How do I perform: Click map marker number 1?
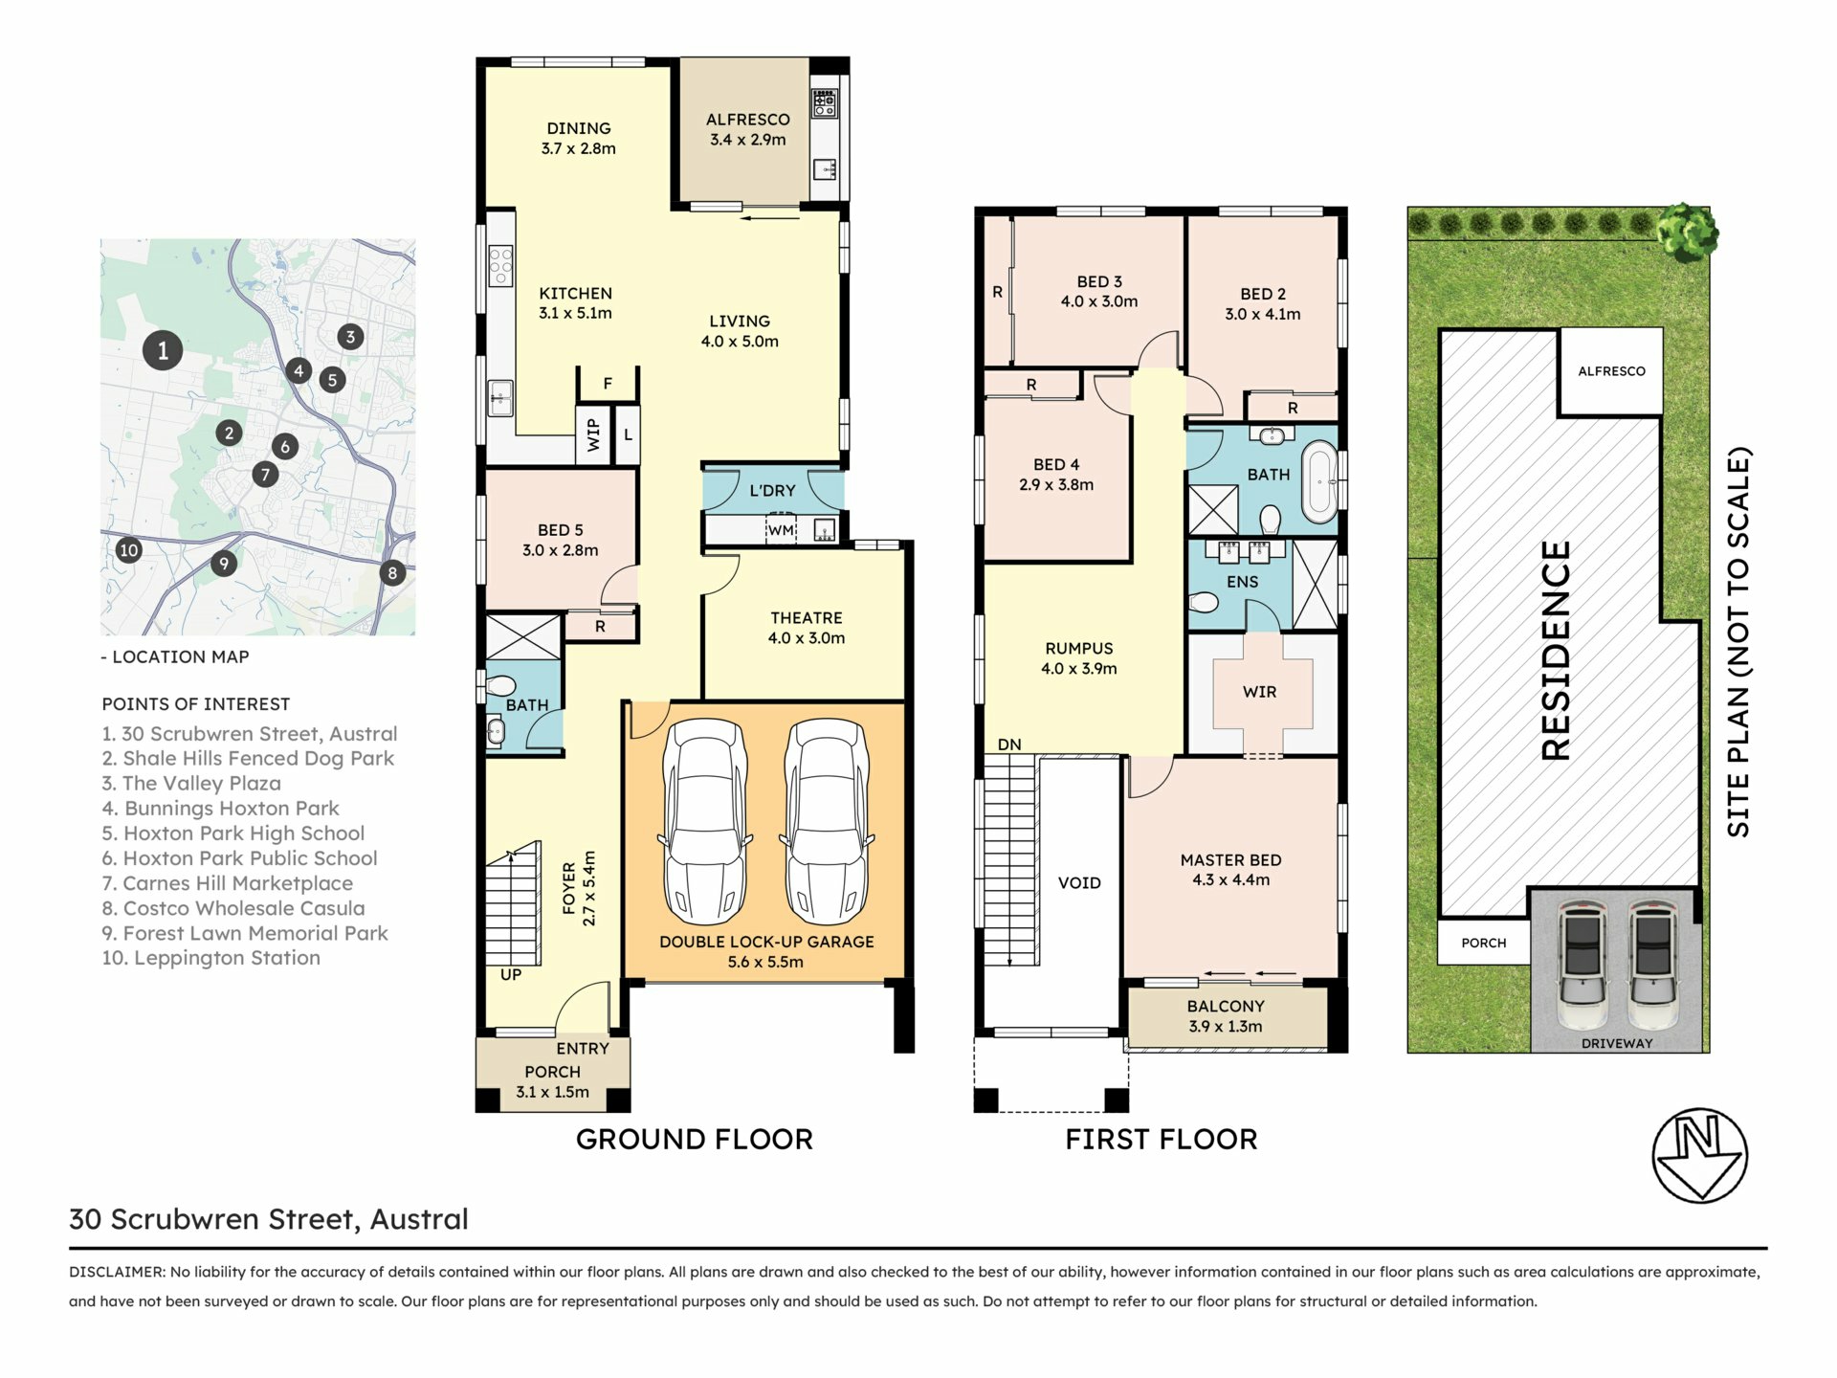pyautogui.click(x=163, y=350)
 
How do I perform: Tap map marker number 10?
pyautogui.click(x=128, y=550)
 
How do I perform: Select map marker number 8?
pyautogui.click(x=391, y=573)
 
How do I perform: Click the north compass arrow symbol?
pyautogui.click(x=1700, y=1155)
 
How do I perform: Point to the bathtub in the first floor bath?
pyautogui.click(x=1319, y=481)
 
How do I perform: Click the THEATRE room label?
pyautogui.click(x=807, y=618)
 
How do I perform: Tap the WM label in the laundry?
pyautogui.click(x=781, y=530)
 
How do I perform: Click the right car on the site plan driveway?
pyautogui.click(x=1652, y=964)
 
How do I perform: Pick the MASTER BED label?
pyautogui.click(x=1230, y=860)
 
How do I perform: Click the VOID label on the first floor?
pyautogui.click(x=1079, y=883)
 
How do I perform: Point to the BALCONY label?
pyautogui.click(x=1226, y=1007)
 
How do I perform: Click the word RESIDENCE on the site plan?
pyautogui.click(x=1556, y=651)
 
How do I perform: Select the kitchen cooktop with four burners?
pyautogui.click(x=500, y=266)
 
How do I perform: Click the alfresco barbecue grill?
pyautogui.click(x=825, y=103)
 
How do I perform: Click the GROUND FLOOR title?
pyautogui.click(x=695, y=1139)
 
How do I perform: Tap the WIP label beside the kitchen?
pyautogui.click(x=593, y=434)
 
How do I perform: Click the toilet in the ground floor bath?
pyautogui.click(x=499, y=685)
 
